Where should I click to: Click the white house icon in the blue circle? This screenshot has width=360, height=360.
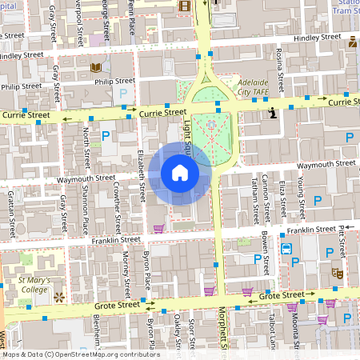coord(180,173)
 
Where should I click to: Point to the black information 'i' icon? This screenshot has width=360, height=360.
coord(273,113)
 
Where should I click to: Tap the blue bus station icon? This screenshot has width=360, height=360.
coord(286,247)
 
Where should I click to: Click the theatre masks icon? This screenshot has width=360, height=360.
coord(338,274)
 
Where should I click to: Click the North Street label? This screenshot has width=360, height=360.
coord(87,145)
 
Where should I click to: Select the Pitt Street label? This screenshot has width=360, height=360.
coord(342,240)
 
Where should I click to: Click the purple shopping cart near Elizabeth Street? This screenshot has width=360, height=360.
coord(158,229)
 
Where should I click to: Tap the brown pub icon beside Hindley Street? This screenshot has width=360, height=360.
coord(352,41)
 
